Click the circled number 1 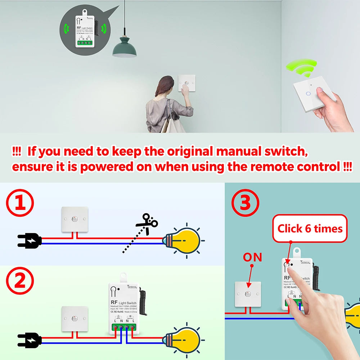pyautogui.click(x=20, y=203)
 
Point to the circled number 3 pyautogui.click(x=245, y=203)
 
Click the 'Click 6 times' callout pyautogui.click(x=310, y=229)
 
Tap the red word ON pyautogui.click(x=252, y=257)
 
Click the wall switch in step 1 pyautogui.click(x=75, y=219)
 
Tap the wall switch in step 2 pyautogui.click(x=75, y=319)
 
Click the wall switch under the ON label pyautogui.click(x=248, y=294)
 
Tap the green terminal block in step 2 pyautogui.click(x=124, y=328)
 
